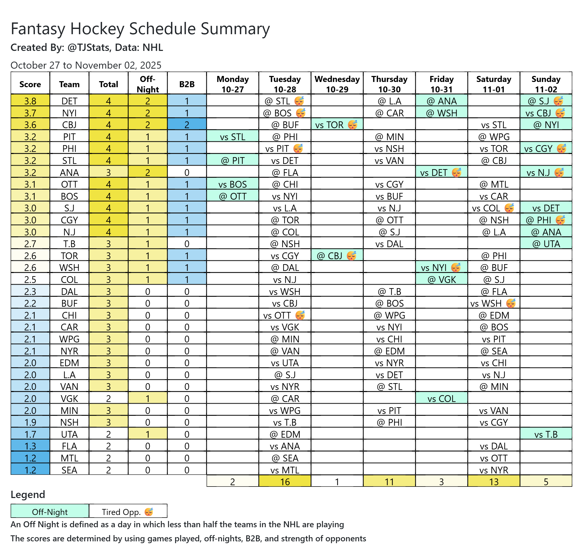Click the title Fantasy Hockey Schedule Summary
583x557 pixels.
(x=140, y=29)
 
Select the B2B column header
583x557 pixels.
(x=186, y=84)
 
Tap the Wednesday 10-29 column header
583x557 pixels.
(x=337, y=84)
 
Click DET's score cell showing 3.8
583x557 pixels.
(x=30, y=101)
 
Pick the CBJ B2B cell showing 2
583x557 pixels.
(x=186, y=125)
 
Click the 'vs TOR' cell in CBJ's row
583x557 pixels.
(x=329, y=125)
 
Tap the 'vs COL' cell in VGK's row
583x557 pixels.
(x=441, y=399)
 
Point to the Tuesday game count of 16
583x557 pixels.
(x=285, y=482)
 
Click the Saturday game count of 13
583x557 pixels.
(x=494, y=482)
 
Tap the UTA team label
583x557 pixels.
(x=69, y=434)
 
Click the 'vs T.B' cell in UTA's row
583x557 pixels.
(x=546, y=434)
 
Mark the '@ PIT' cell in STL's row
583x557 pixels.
(x=232, y=161)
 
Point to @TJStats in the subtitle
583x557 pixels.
(x=88, y=48)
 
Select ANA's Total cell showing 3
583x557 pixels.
(x=108, y=173)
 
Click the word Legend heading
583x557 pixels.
(x=28, y=495)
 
